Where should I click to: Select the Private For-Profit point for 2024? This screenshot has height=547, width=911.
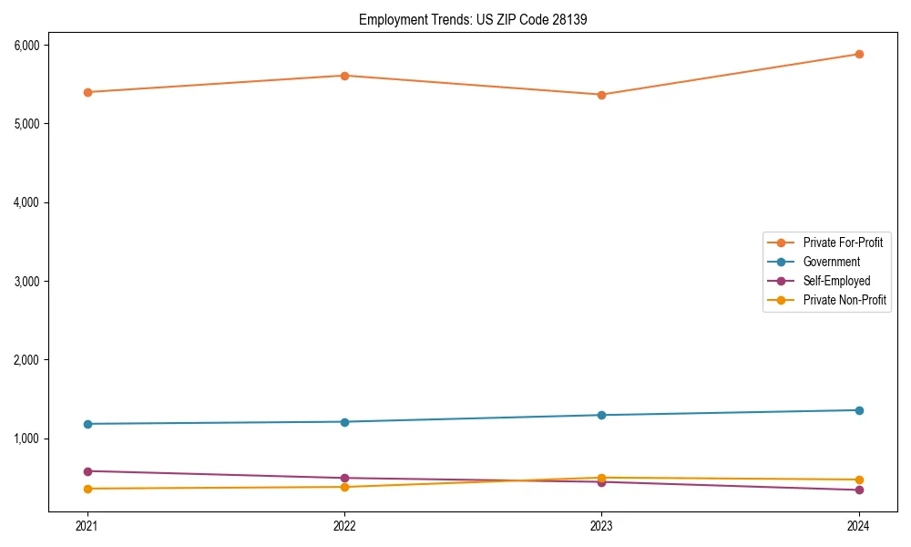pyautogui.click(x=859, y=54)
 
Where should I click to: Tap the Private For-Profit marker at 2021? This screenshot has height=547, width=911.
pyautogui.click(x=87, y=92)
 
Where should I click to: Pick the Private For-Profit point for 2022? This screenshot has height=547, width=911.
pyautogui.click(x=344, y=76)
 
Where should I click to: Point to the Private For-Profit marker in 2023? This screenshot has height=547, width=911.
pyautogui.click(x=601, y=95)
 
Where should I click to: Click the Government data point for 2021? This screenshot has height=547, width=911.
pyautogui.click(x=87, y=424)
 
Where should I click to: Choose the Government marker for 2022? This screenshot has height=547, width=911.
pyautogui.click(x=344, y=422)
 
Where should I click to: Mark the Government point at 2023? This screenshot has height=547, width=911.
pyautogui.click(x=601, y=415)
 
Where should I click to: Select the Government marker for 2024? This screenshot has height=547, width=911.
pyautogui.click(x=859, y=410)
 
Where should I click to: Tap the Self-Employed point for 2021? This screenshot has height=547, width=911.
pyautogui.click(x=87, y=471)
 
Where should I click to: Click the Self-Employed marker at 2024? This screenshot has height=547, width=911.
pyautogui.click(x=859, y=490)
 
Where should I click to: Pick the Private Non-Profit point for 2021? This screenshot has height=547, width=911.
pyautogui.click(x=87, y=489)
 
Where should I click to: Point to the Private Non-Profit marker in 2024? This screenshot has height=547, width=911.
pyautogui.click(x=859, y=480)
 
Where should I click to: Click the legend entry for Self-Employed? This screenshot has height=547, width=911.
pyautogui.click(x=836, y=281)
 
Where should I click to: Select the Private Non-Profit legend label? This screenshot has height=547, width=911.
pyautogui.click(x=844, y=300)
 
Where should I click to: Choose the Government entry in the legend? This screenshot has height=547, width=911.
pyautogui.click(x=831, y=262)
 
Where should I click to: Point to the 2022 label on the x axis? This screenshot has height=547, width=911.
pyautogui.click(x=344, y=525)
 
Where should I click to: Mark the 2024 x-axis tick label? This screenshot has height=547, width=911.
pyautogui.click(x=859, y=525)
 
